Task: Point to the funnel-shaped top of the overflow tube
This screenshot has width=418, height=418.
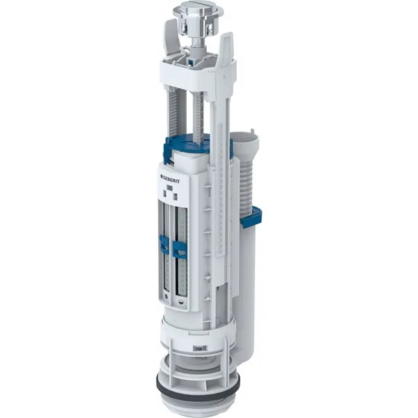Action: click(x=245, y=143)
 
